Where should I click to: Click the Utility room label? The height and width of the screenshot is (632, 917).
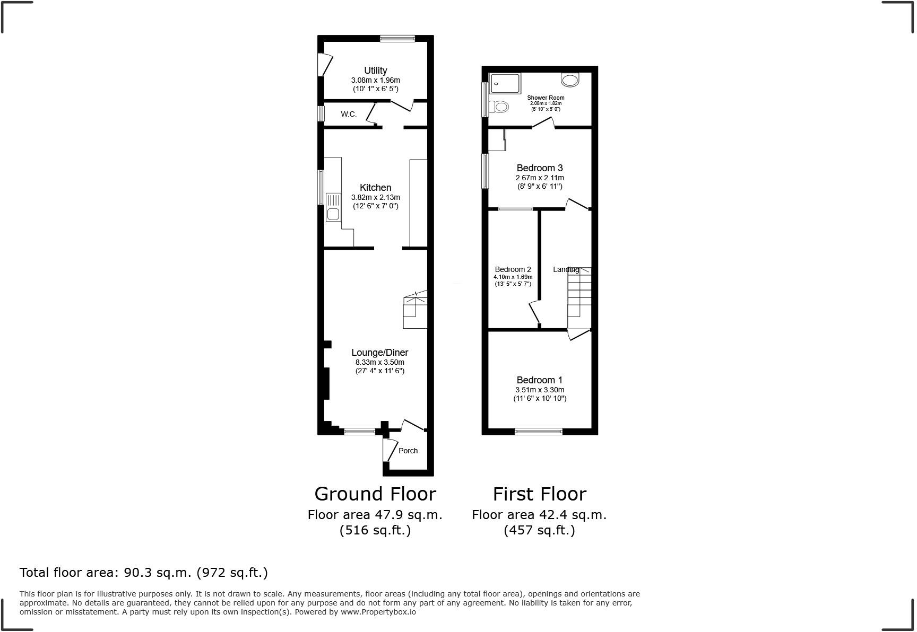[375, 71]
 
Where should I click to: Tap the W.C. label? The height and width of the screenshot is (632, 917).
[349, 114]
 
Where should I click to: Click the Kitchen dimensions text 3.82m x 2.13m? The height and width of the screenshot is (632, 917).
[375, 197]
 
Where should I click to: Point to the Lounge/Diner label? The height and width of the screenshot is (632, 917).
[379, 353]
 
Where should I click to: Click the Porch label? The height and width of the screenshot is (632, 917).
[408, 451]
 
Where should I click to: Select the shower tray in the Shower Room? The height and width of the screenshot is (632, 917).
[505, 83]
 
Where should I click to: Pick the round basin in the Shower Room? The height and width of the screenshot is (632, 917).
[570, 80]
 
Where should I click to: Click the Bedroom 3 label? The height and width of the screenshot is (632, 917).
[539, 168]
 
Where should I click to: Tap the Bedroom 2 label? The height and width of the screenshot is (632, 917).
[513, 269]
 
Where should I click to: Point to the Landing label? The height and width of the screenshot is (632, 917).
[566, 269]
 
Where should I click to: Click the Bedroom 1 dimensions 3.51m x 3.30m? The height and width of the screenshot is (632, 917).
[539, 390]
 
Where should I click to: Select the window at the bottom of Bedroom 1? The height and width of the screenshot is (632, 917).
[538, 431]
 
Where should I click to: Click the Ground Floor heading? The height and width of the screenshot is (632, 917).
[375, 494]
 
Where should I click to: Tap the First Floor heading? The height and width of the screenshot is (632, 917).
[539, 494]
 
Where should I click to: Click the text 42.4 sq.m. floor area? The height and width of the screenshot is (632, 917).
[539, 514]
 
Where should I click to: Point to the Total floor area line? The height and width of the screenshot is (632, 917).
[143, 573]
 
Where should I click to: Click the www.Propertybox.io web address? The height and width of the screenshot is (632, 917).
[378, 612]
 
